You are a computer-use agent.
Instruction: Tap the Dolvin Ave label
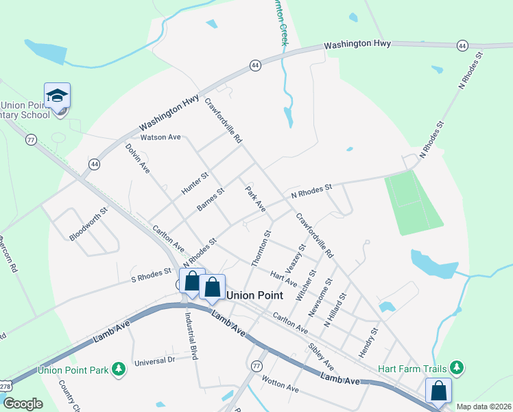click(137, 157)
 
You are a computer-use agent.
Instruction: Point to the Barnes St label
click(211, 200)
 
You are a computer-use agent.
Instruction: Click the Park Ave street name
click(255, 197)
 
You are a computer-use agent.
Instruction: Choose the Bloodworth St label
click(88, 225)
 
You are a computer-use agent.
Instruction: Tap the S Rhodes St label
click(151, 276)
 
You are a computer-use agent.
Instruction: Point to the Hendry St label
click(368, 343)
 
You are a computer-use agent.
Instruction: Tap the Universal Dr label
click(155, 360)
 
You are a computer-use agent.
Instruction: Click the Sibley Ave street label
click(320, 356)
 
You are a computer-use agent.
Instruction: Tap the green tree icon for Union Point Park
click(119, 369)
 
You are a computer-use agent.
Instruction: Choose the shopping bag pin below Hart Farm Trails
click(439, 391)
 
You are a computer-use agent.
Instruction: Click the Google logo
click(23, 404)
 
